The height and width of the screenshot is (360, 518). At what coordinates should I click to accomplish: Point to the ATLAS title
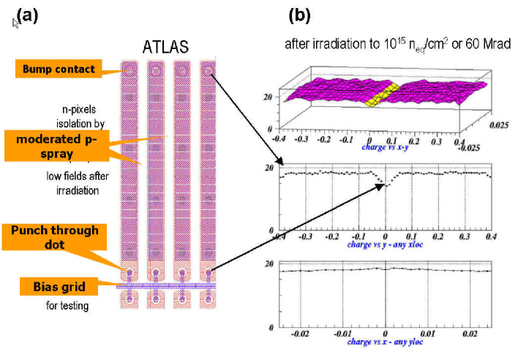[x=165, y=48]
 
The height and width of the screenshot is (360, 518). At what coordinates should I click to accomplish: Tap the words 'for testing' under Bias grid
[x=67, y=305]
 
